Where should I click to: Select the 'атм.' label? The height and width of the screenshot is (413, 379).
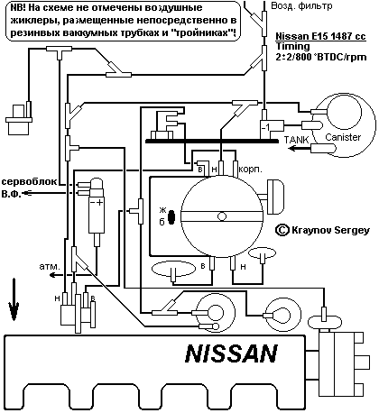click(x=49, y=267)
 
